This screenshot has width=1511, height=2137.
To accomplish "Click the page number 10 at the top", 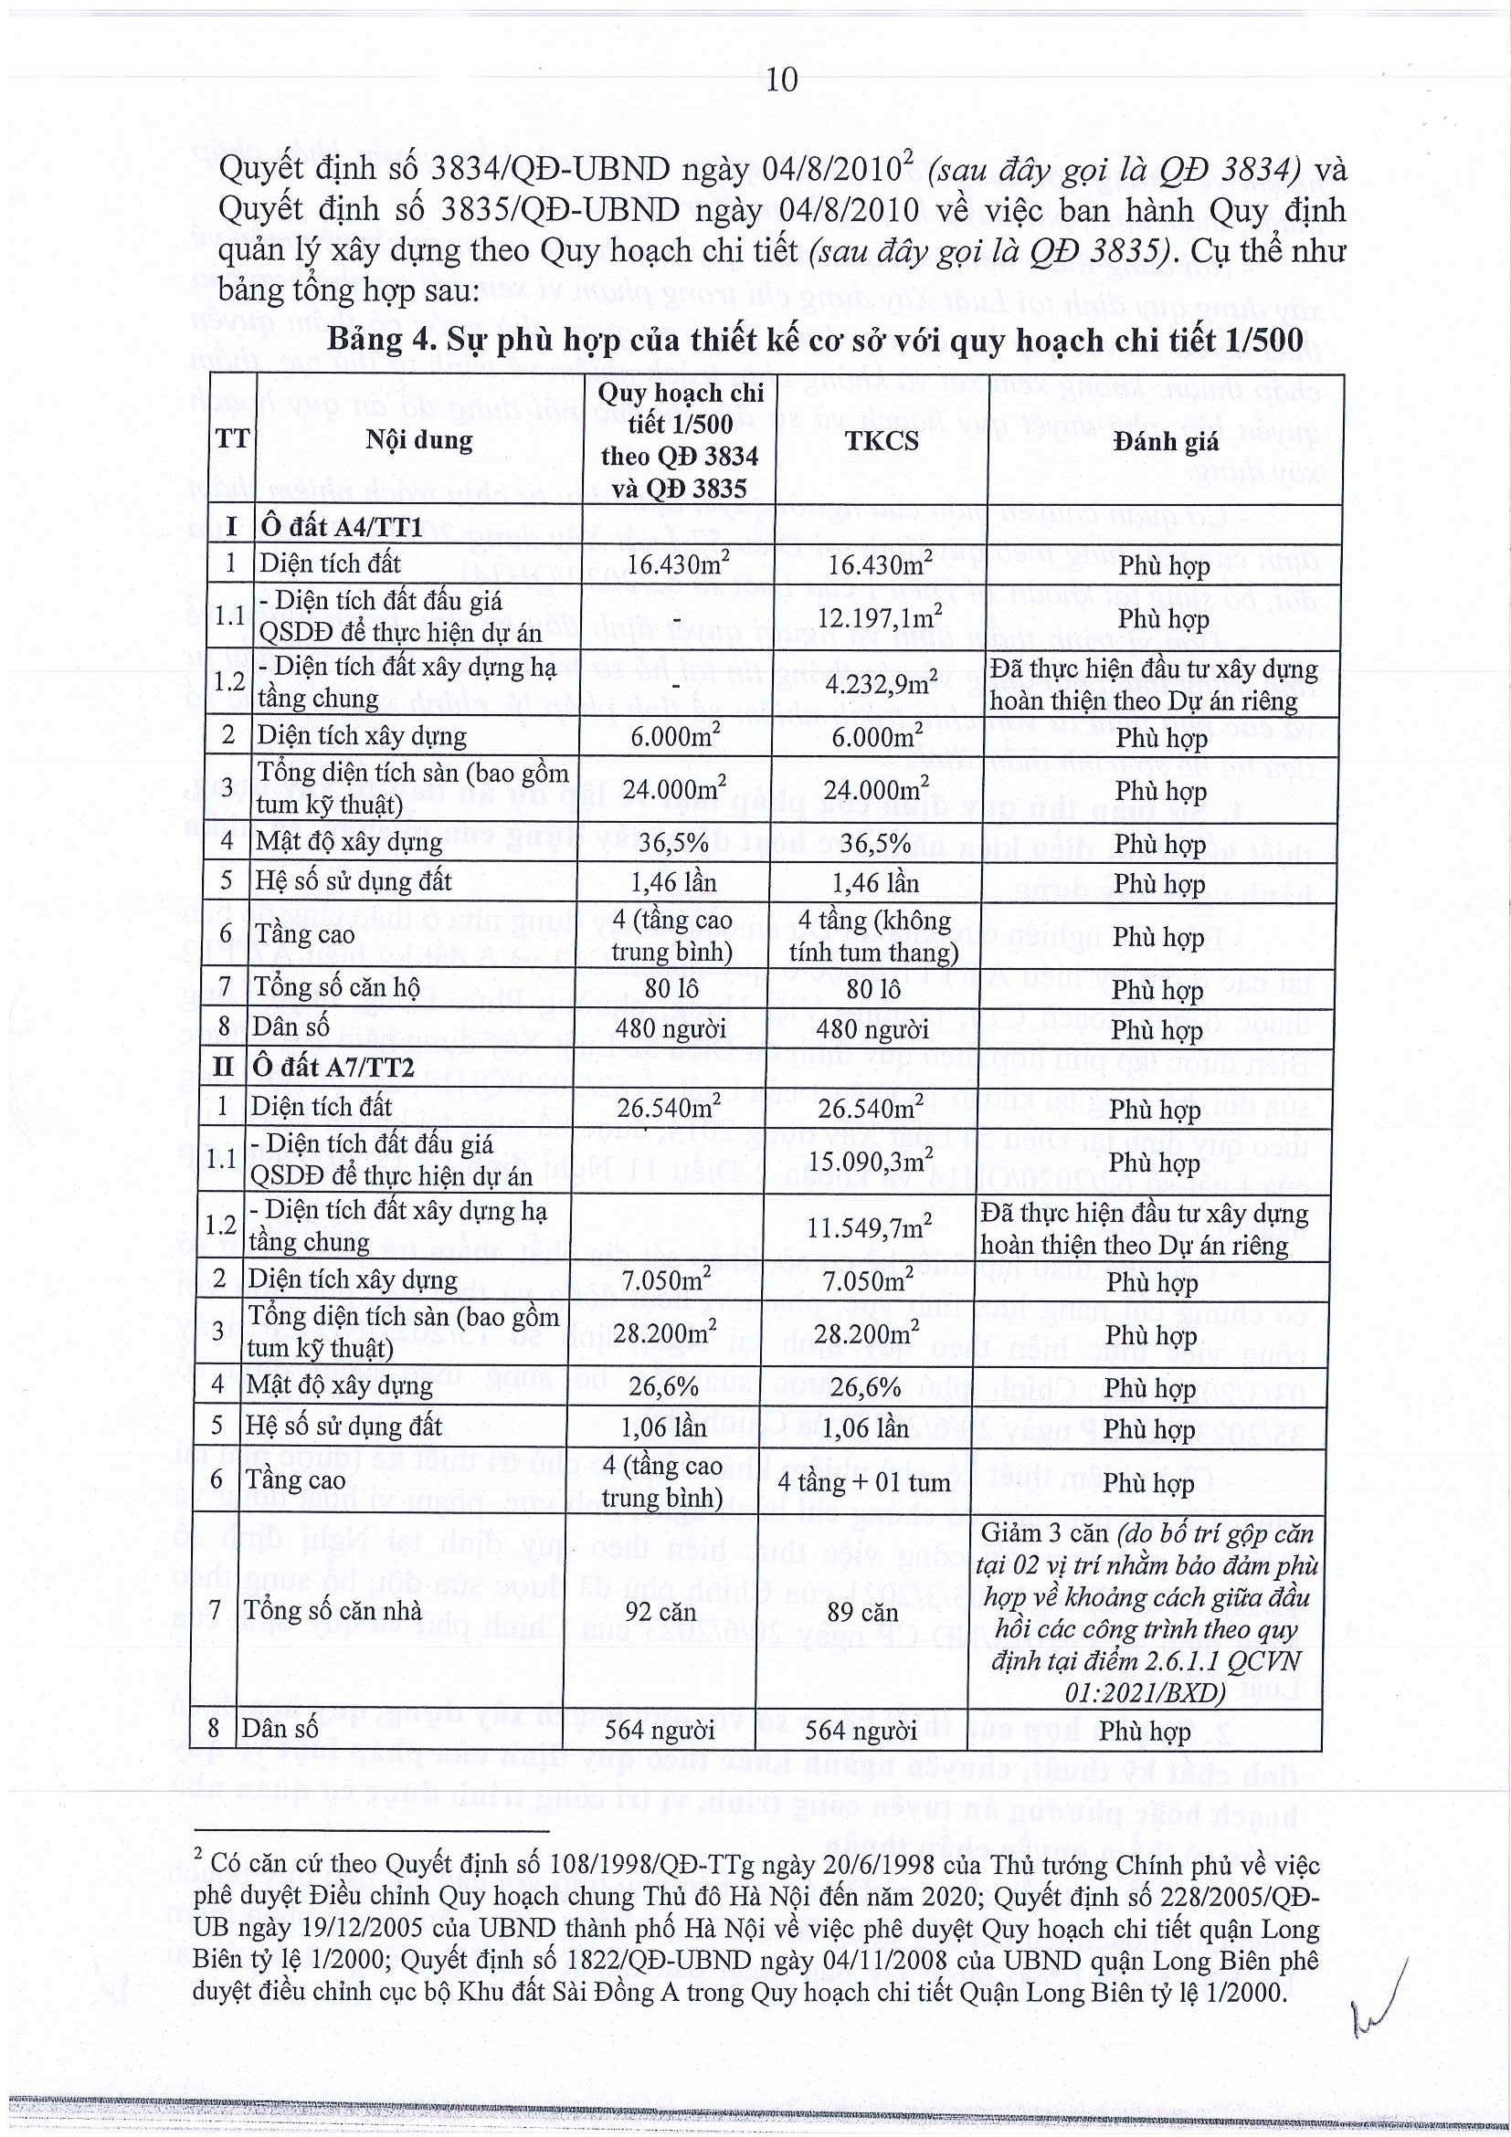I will click(x=782, y=81).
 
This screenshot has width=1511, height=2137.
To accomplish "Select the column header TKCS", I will click(x=882, y=440).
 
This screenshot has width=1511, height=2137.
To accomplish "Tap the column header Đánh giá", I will click(x=1165, y=440).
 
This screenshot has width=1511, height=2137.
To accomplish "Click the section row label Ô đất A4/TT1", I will click(x=342, y=526).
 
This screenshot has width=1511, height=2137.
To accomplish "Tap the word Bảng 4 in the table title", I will click(x=379, y=341).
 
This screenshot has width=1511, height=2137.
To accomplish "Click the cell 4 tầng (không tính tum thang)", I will click(x=872, y=936).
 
